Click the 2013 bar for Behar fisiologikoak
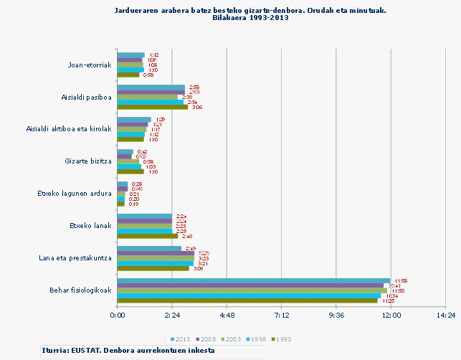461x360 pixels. coord(253,280)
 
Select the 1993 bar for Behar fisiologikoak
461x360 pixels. coord(247,300)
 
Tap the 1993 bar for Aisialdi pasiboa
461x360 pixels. coord(152,107)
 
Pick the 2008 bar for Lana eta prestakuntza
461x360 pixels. coord(156,253)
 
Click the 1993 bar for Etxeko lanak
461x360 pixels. coord(147,236)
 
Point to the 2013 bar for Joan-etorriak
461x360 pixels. coord(130,55)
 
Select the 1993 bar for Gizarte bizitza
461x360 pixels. coord(130,171)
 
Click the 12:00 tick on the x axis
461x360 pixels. coord(391,315)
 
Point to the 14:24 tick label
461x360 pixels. coord(445,315)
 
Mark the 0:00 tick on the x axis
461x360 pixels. coord(117,315)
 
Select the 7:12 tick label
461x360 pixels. coord(281,315)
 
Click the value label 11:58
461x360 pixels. coord(400,280)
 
